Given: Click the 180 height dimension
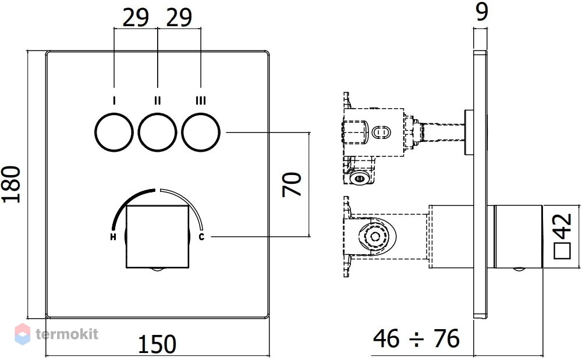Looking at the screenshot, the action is pos(11,184).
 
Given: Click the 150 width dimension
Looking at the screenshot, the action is pos(157,344).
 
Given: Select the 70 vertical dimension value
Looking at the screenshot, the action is pos(292,184).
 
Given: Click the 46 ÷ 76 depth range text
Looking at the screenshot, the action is pos(416,338).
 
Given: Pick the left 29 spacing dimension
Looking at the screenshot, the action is pos(136,17).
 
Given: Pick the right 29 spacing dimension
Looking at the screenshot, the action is pos(179,17).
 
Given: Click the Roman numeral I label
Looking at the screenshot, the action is pos(114,100).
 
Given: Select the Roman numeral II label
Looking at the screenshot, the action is pos(157,100).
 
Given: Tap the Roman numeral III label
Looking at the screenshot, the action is pos(201,100).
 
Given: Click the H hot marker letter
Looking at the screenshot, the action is pos(113,237).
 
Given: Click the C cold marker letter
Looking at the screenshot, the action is pos(201,236).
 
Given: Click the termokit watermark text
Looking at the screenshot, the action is pos(67,334).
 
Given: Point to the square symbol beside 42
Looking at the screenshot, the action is pos(562,251).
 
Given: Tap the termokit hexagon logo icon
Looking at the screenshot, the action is pos(22,334).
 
